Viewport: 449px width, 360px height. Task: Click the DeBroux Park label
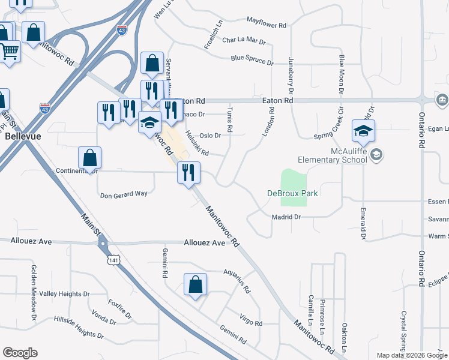click(292, 193)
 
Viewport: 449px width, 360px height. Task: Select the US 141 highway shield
click(114, 259)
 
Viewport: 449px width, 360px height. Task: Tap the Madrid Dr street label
click(285, 217)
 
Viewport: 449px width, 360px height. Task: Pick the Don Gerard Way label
click(123, 194)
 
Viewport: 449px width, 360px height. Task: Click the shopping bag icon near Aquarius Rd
click(196, 284)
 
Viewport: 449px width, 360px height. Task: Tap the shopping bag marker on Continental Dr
click(89, 158)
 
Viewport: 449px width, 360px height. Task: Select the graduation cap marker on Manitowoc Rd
click(149, 123)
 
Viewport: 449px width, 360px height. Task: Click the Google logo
click(20, 353)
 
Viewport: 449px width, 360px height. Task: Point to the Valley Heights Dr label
click(64, 294)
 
